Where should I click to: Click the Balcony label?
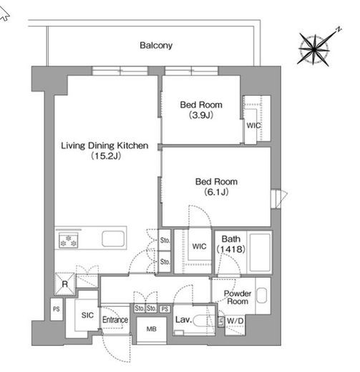coord(156,45)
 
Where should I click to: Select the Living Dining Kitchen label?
coord(104,145)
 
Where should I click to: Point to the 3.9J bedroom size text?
coord(201,115)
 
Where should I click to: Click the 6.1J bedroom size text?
coord(216,192)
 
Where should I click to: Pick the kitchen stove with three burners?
coord(69,240)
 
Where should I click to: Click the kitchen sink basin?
coord(113,238)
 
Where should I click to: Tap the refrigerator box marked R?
coord(65,284)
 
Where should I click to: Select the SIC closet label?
coord(87,315)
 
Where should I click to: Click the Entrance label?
coord(115,320)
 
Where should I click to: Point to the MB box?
coord(151,329)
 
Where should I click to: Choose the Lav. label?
coord(183,320)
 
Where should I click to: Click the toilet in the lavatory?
coord(204,320)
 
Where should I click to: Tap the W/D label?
coord(235,321)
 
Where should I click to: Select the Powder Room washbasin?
coord(262,295)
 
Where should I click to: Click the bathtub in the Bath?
coord(260,252)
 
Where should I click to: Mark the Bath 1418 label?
coord(230,244)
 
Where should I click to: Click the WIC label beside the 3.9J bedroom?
coord(253,125)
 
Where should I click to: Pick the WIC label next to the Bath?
coord(199,246)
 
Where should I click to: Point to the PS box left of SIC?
coord(57,309)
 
